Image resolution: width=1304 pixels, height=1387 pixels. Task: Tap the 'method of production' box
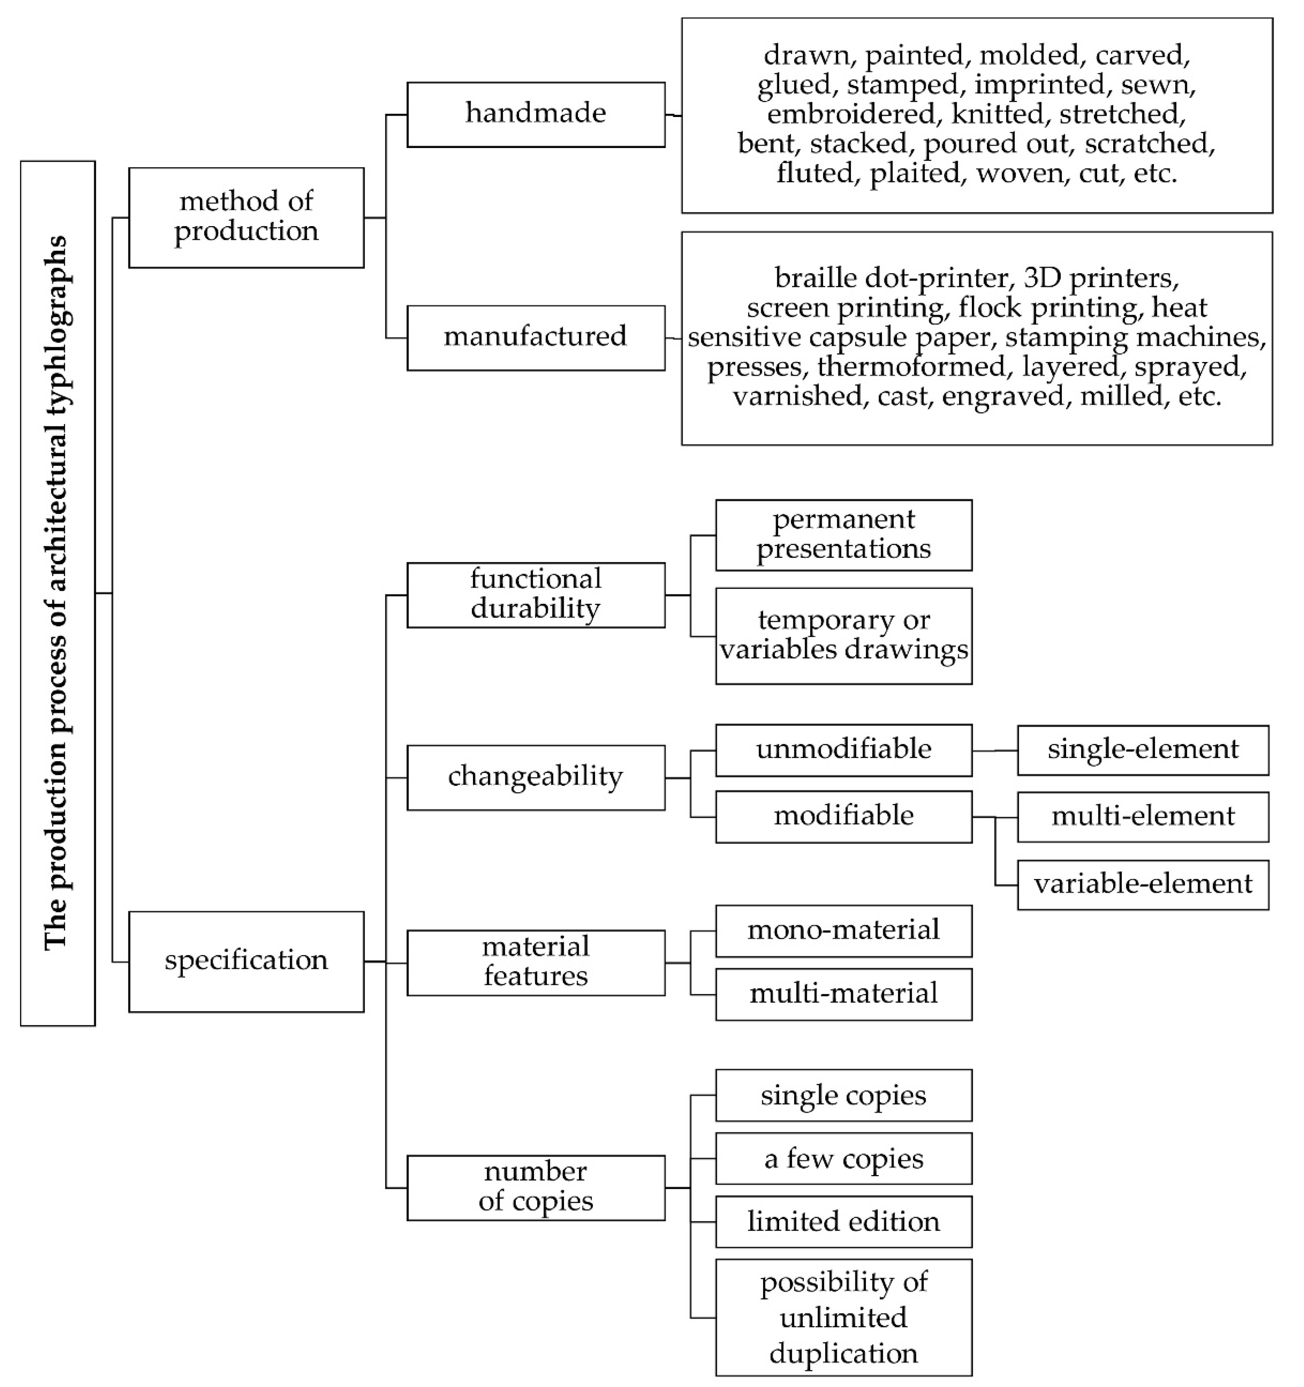(246, 217)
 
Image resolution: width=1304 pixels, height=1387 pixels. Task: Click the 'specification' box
(246, 961)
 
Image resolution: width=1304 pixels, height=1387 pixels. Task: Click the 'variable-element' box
(1142, 884)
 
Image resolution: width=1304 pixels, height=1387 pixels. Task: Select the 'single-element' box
(1142, 750)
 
